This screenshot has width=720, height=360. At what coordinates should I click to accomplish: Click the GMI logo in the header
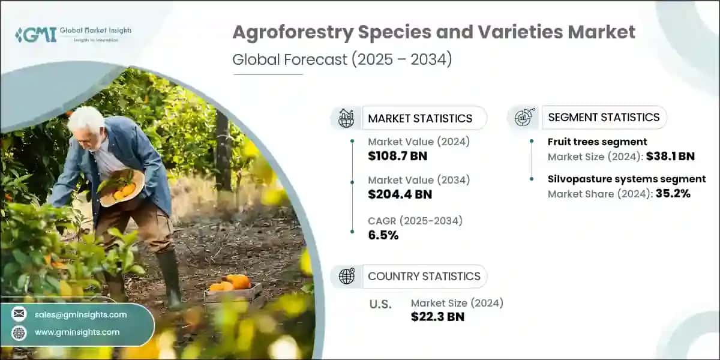pos(36,34)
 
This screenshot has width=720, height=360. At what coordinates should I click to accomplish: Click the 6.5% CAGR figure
pos(383,235)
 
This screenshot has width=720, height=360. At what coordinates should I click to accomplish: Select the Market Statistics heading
pos(420,118)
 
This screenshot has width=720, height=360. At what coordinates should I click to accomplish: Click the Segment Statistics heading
pos(604,117)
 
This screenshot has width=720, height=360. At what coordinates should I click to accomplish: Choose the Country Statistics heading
pos(424,276)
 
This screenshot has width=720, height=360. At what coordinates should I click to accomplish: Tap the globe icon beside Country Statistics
pos(346,276)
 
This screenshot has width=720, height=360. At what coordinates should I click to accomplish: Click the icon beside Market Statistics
pos(346,118)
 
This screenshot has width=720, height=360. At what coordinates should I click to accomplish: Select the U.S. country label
pos(381,304)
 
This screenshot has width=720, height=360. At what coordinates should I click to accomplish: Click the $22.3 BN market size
pos(437,317)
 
